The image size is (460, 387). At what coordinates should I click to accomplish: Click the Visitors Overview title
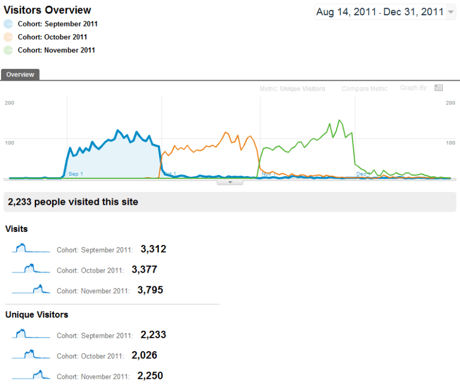click(47, 10)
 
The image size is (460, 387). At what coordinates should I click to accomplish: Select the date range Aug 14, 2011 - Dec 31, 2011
click(379, 12)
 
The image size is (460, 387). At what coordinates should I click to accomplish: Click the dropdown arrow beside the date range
click(451, 12)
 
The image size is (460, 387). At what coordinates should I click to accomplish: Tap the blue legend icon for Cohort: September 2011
click(8, 24)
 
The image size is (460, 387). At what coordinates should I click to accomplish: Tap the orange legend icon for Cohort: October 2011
click(8, 37)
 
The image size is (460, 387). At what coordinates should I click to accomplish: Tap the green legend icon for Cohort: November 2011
click(8, 50)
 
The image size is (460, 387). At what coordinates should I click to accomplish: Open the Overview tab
click(20, 75)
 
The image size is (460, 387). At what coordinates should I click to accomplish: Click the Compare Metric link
click(365, 89)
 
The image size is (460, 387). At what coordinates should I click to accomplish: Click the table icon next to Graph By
click(439, 88)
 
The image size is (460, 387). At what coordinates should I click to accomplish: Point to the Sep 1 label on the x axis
click(76, 174)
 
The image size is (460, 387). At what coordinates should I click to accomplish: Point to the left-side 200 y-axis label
click(9, 102)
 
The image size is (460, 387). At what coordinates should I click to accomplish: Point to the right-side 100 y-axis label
click(450, 143)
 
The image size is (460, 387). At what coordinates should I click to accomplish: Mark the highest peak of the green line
click(340, 120)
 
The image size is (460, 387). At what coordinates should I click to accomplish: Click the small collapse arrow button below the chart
click(230, 182)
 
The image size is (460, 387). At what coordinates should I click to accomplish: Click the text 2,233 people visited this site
click(73, 202)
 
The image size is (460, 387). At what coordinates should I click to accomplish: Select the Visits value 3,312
click(153, 249)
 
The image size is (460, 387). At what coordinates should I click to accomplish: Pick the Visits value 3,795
click(150, 290)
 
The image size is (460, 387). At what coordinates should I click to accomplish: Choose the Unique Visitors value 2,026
click(144, 355)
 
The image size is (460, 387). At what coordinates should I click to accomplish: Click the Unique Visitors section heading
click(37, 314)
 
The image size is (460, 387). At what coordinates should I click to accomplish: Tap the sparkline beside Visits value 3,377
click(31, 268)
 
